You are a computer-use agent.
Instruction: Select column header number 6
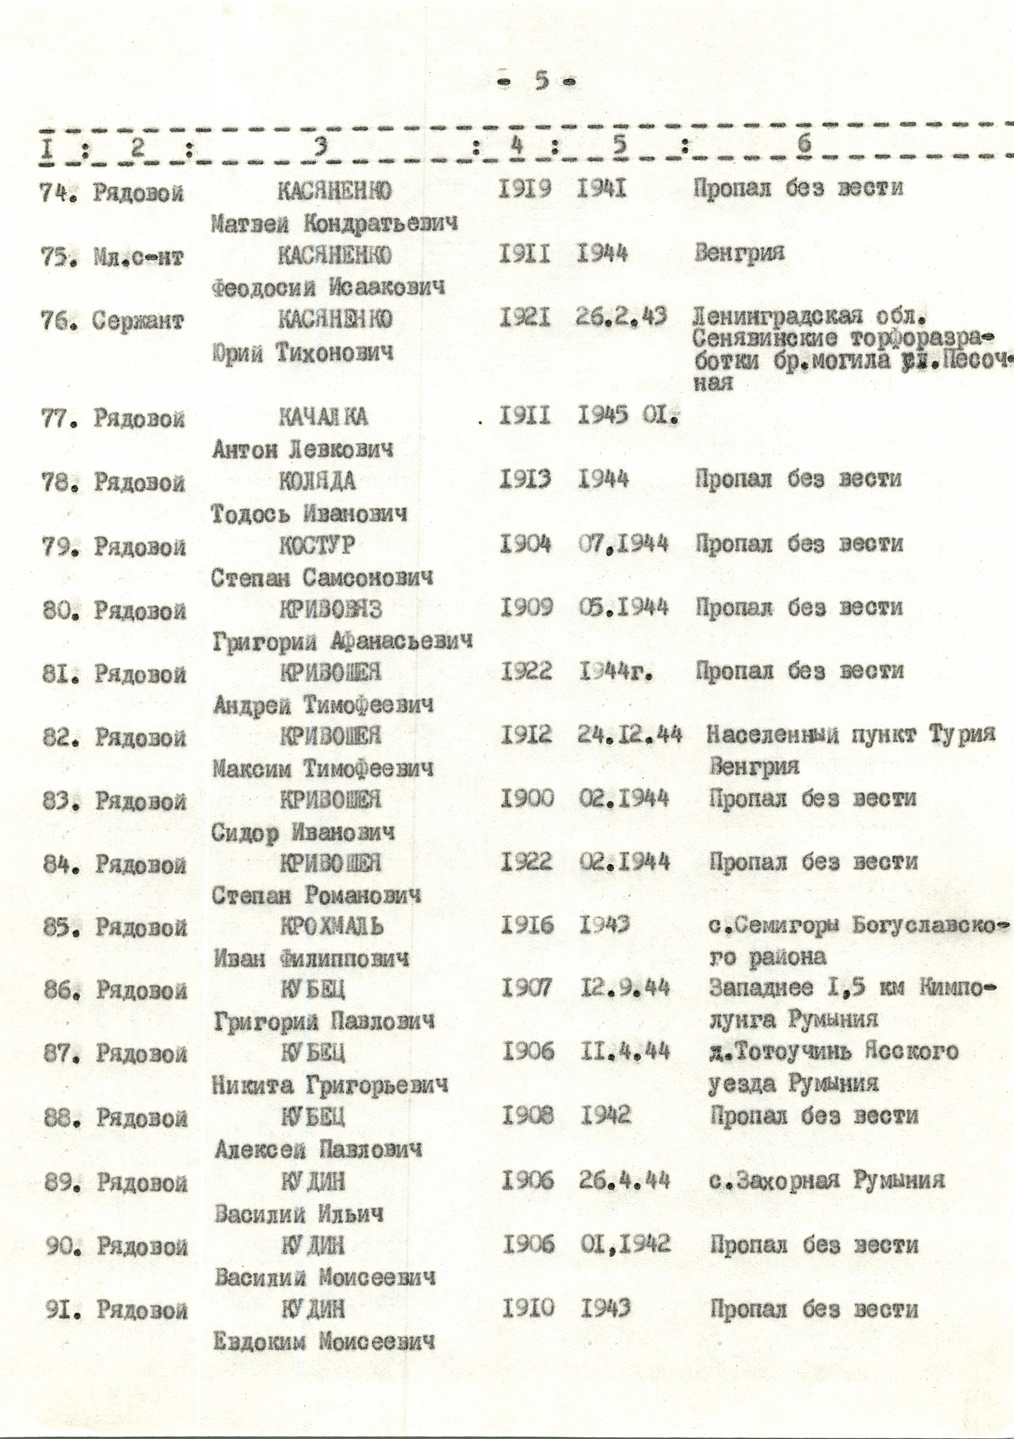point(804,145)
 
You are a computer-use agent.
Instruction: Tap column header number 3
point(320,146)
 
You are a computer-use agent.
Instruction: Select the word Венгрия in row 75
point(740,254)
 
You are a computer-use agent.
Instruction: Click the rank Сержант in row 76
point(139,321)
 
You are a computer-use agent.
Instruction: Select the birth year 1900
point(527,798)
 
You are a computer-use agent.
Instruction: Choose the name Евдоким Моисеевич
point(324,1341)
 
